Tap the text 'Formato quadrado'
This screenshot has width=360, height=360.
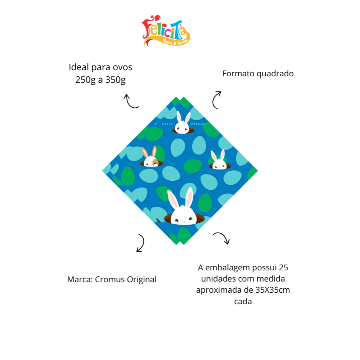pyautogui.click(x=258, y=74)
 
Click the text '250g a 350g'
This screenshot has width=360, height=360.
pyautogui.click(x=100, y=80)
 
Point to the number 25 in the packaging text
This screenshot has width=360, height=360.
pyautogui.click(x=284, y=268)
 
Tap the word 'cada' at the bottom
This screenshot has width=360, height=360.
pyautogui.click(x=243, y=301)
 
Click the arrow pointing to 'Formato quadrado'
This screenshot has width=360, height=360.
pyautogui.click(x=216, y=99)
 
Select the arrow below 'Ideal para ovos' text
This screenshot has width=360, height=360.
pyautogui.click(x=130, y=101)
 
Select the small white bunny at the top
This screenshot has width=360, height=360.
pyautogui.click(x=182, y=123)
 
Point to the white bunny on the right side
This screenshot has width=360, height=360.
pyautogui.click(x=219, y=161)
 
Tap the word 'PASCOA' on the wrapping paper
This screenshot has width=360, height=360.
pyautogui.click(x=198, y=124)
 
